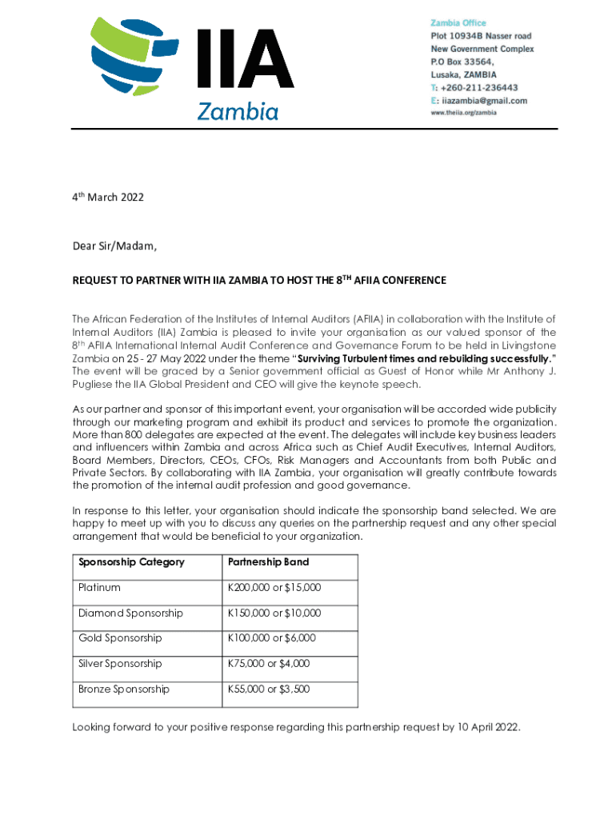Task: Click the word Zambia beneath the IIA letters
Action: pyautogui.click(x=238, y=111)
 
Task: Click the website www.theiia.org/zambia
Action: pyautogui.click(x=464, y=113)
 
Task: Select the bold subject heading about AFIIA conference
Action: pyautogui.click(x=259, y=281)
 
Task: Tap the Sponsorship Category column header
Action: pyautogui.click(x=131, y=562)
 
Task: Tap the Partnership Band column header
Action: pyautogui.click(x=268, y=562)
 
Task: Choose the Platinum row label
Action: pyautogui.click(x=99, y=588)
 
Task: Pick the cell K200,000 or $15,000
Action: pyautogui.click(x=274, y=588)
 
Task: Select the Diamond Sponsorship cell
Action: pyautogui.click(x=130, y=613)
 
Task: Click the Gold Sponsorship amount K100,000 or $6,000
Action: pyautogui.click(x=272, y=638)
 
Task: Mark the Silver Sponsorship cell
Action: pyautogui.click(x=120, y=664)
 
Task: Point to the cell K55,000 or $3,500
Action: pyautogui.click(x=269, y=689)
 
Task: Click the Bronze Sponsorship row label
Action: pyautogui.click(x=124, y=689)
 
